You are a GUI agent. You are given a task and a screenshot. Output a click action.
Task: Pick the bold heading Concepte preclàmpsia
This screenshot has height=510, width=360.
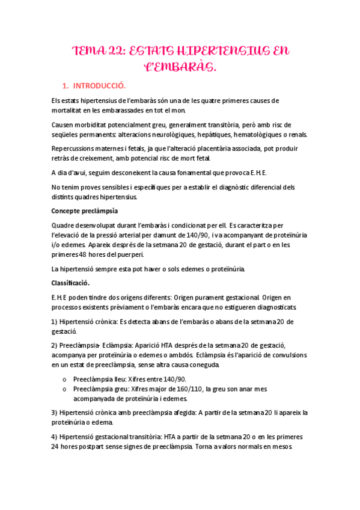[85, 211]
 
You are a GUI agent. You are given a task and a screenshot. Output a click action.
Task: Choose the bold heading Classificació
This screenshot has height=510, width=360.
[71, 283]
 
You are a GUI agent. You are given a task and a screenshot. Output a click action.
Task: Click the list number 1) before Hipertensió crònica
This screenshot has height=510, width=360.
[55, 322]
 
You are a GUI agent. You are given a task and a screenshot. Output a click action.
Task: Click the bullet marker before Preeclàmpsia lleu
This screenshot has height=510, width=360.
[64, 379]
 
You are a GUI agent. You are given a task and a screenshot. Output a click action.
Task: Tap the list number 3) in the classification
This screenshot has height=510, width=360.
[55, 413]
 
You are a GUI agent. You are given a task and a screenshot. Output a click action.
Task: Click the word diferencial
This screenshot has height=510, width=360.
[262, 187]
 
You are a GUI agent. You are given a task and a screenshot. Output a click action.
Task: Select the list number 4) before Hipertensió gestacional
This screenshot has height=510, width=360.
[55, 437]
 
